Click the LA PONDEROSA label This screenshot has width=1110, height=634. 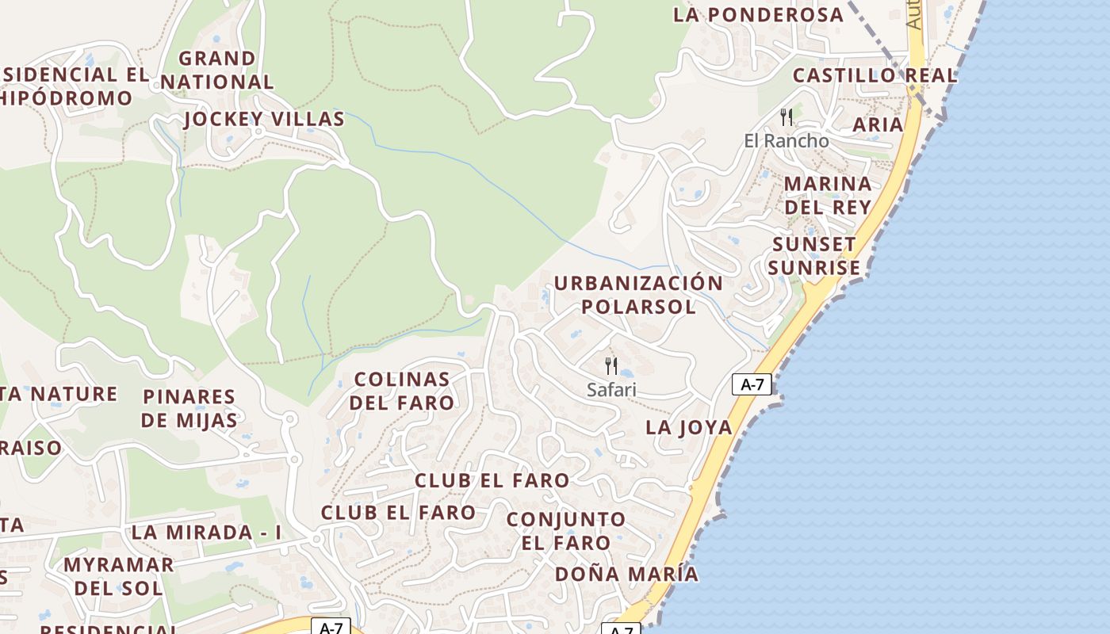759,14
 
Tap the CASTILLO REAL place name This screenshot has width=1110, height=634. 875,76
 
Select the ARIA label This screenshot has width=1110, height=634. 878,124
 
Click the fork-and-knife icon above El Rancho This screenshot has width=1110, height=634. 787,117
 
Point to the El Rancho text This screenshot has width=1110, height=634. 786,141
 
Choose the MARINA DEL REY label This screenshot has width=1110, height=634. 828,195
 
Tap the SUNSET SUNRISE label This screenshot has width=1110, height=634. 813,256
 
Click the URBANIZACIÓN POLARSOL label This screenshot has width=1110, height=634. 638,295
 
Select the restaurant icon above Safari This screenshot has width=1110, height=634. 611,366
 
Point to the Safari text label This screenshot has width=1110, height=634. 611,390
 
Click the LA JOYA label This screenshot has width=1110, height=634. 688,427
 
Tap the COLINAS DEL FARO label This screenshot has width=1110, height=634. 402,391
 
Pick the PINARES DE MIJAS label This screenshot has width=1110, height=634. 189,408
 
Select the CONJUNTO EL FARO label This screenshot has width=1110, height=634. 566,531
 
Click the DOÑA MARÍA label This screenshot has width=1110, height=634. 626,574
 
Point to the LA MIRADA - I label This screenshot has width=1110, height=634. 206,533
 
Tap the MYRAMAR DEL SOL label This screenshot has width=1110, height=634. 119,576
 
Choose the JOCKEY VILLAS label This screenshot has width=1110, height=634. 264,120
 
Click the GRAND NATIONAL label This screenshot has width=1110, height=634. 217,70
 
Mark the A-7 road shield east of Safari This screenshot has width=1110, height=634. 751,385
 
